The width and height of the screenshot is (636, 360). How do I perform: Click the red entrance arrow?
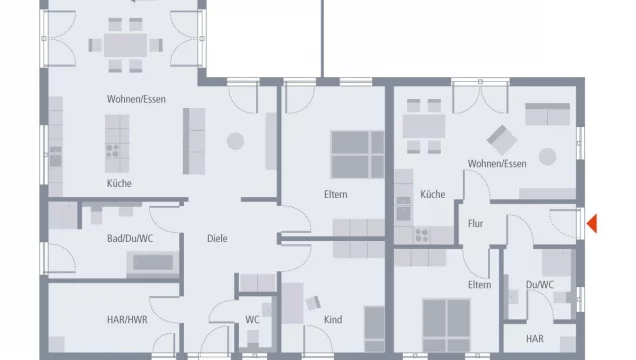click(593, 223)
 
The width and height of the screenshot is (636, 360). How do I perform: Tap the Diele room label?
click(217, 238)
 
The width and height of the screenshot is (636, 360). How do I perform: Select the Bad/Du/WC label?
click(130, 238)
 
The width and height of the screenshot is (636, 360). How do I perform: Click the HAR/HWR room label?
click(127, 320)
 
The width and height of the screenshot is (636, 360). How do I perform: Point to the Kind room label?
click(333, 320)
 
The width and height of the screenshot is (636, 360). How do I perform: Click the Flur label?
click(475, 223)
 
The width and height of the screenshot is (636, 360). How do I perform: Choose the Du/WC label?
click(540, 285)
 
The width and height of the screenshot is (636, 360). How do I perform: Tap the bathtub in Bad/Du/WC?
click(153, 263)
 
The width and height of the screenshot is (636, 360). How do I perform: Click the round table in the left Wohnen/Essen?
click(235, 141)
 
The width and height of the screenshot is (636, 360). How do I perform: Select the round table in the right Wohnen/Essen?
click(548, 157)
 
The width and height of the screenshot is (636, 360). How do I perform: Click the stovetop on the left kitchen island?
click(112, 151)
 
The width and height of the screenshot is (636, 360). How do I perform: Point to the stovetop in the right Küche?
click(422, 235)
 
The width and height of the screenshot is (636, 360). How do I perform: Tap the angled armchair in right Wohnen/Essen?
click(502, 140)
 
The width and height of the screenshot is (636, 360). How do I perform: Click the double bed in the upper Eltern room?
click(357, 154)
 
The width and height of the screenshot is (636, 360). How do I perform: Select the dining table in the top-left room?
click(125, 45)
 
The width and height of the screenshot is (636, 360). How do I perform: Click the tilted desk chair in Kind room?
click(313, 303)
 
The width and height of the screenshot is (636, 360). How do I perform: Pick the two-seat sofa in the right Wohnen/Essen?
click(548, 114)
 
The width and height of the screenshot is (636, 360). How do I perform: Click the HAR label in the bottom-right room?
click(535, 339)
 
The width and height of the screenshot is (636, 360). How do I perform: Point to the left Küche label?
click(119, 183)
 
